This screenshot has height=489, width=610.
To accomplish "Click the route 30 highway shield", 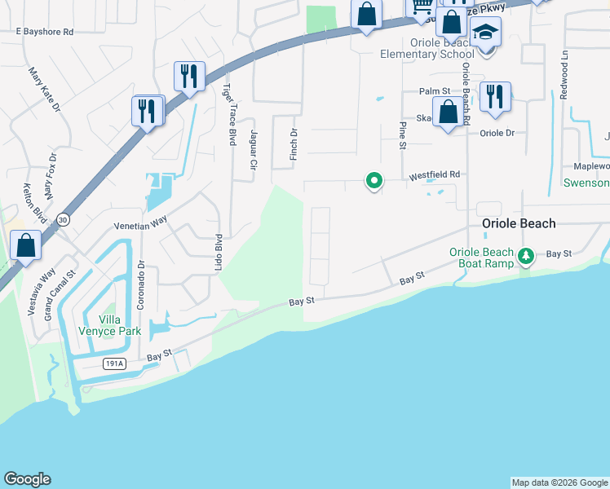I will [x=63, y=219].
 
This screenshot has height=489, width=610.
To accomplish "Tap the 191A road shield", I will [x=115, y=363].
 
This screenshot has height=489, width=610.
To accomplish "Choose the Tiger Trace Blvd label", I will [x=232, y=114].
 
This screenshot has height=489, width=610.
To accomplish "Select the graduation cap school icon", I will [x=485, y=33].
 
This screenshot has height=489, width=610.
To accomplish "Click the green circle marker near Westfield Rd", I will [x=374, y=180].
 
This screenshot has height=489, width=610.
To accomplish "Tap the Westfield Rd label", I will [x=435, y=174].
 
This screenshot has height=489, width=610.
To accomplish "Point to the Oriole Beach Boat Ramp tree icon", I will [x=527, y=258].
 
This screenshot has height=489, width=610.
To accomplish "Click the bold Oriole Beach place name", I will [x=519, y=223].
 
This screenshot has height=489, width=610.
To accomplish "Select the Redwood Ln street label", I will [x=564, y=74].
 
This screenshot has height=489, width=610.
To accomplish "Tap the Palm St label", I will [x=435, y=91].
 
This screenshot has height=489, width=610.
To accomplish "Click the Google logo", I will [x=27, y=479].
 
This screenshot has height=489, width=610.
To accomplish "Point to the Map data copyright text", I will [x=559, y=482].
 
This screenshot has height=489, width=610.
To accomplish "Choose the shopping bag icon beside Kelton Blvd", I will [x=25, y=244].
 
